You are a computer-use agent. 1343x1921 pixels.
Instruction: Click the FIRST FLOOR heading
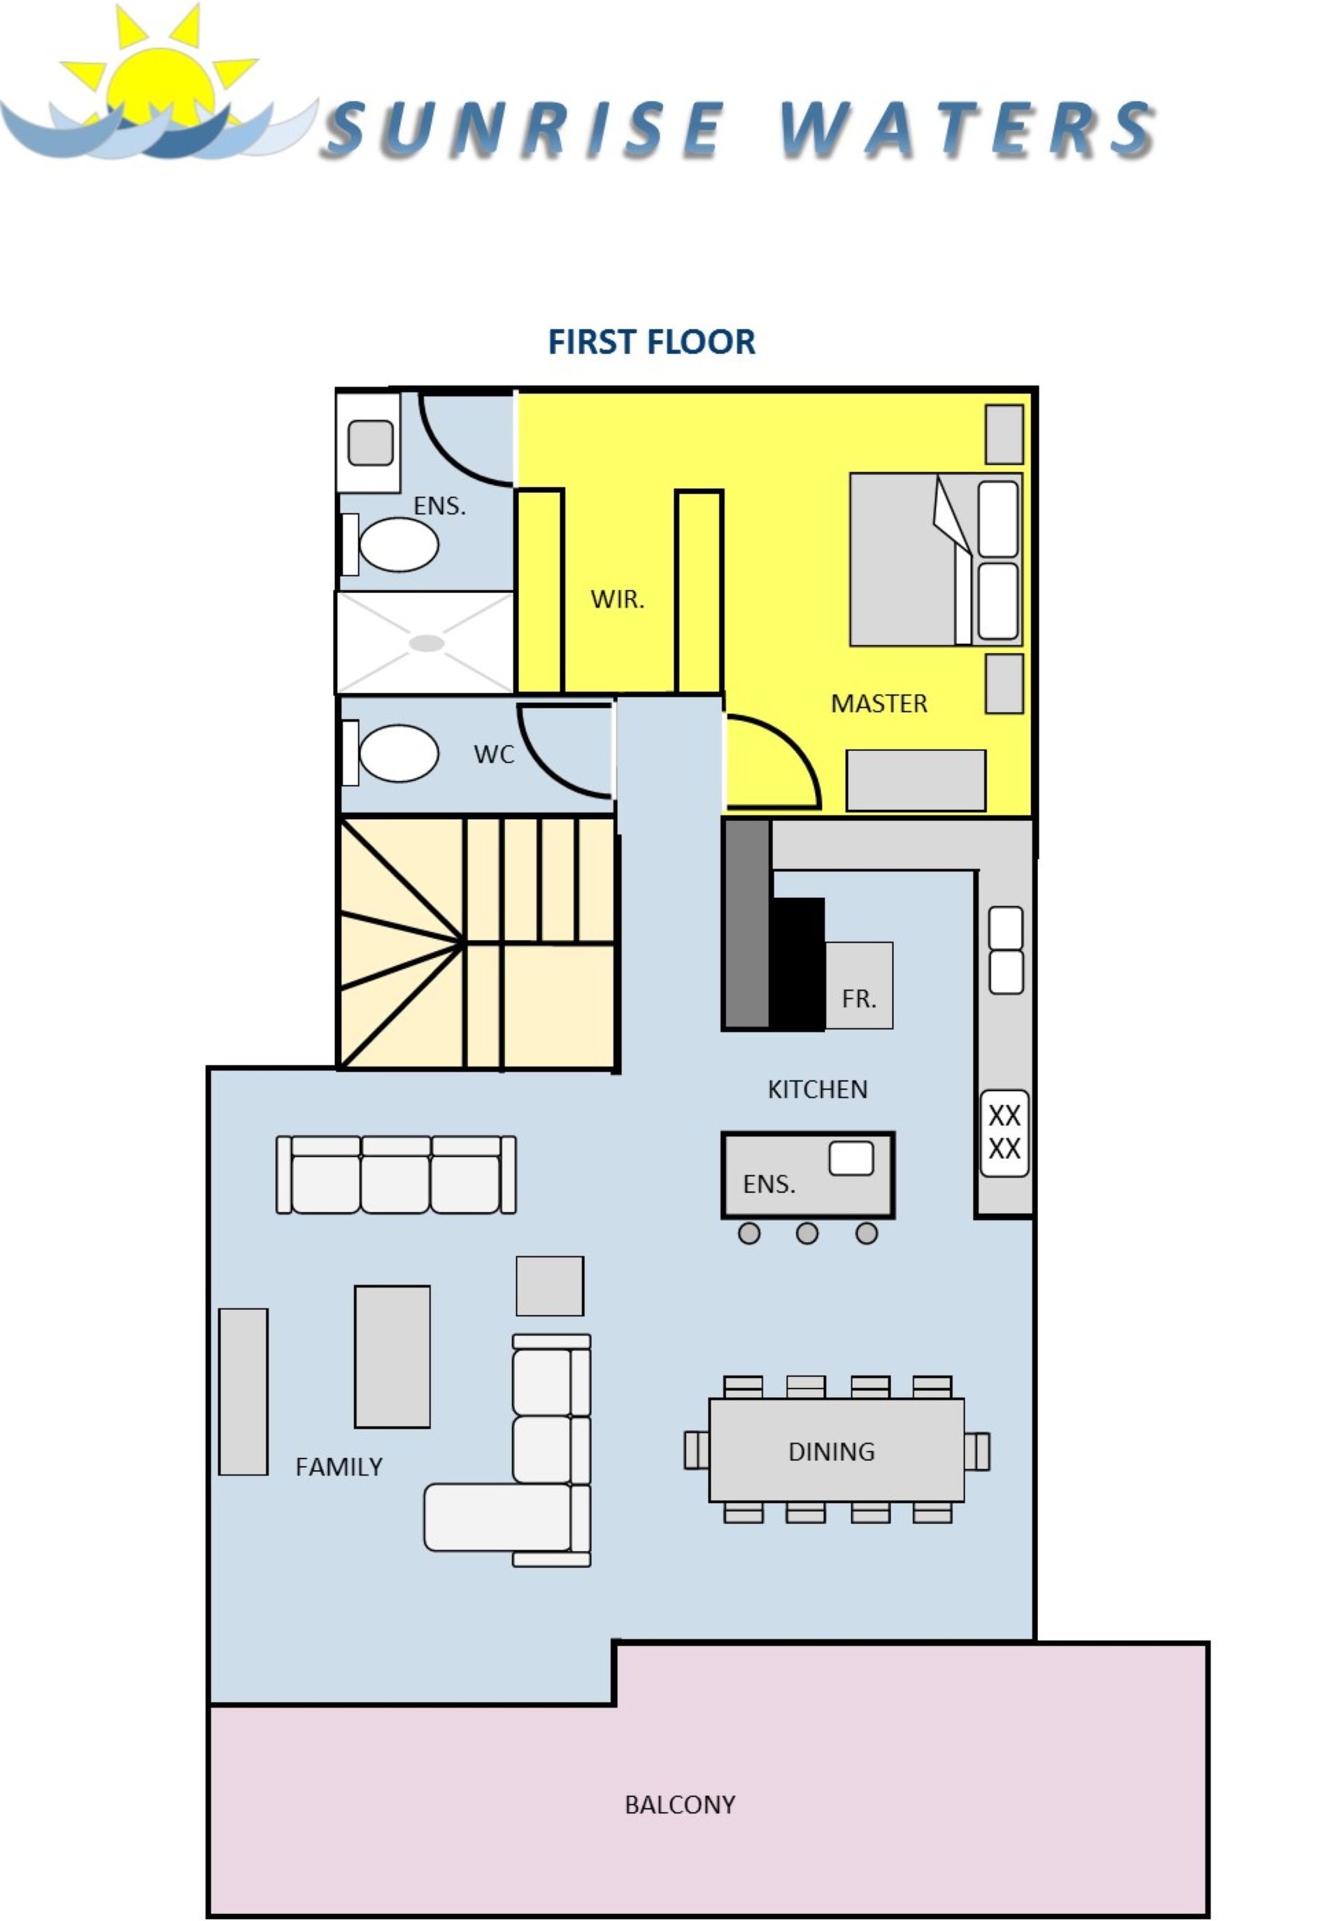pyautogui.click(x=651, y=341)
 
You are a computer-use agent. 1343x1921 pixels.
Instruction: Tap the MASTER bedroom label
pyautogui.click(x=879, y=704)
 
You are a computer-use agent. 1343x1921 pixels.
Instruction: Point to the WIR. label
pyautogui.click(x=618, y=599)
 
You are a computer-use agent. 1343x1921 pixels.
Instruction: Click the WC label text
pyautogui.click(x=494, y=754)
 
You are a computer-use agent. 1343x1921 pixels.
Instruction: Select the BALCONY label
pyautogui.click(x=681, y=1805)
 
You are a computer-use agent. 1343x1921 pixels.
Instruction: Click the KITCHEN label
pyautogui.click(x=818, y=1090)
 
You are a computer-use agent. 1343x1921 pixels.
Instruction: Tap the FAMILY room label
pyautogui.click(x=339, y=1466)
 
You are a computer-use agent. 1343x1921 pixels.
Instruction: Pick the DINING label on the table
pyautogui.click(x=832, y=1452)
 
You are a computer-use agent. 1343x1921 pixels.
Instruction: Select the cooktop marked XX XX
pyautogui.click(x=1004, y=1133)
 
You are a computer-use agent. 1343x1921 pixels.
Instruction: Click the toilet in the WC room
pyautogui.click(x=391, y=753)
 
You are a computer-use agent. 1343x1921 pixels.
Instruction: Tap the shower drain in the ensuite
pyautogui.click(x=427, y=643)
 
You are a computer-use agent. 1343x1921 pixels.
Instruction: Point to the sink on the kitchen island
pyautogui.click(x=851, y=1158)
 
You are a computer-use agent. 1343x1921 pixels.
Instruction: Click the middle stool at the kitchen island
pyautogui.click(x=806, y=1234)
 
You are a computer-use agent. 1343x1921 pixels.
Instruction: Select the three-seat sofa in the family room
pyautogui.click(x=396, y=1174)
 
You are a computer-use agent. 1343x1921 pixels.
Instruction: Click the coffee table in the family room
pyautogui.click(x=392, y=1356)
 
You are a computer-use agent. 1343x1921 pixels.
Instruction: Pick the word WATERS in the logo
pyautogui.click(x=967, y=129)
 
